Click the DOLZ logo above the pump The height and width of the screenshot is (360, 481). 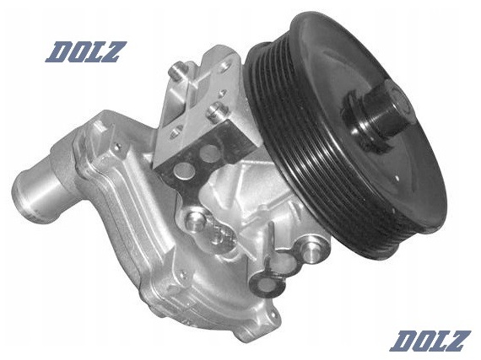pyautogui.click(x=85, y=52)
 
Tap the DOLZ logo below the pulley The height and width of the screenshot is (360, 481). pyautogui.click(x=430, y=341)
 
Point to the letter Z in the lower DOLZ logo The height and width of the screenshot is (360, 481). pyautogui.click(x=457, y=341)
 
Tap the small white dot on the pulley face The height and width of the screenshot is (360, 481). pyautogui.click(x=397, y=177)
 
